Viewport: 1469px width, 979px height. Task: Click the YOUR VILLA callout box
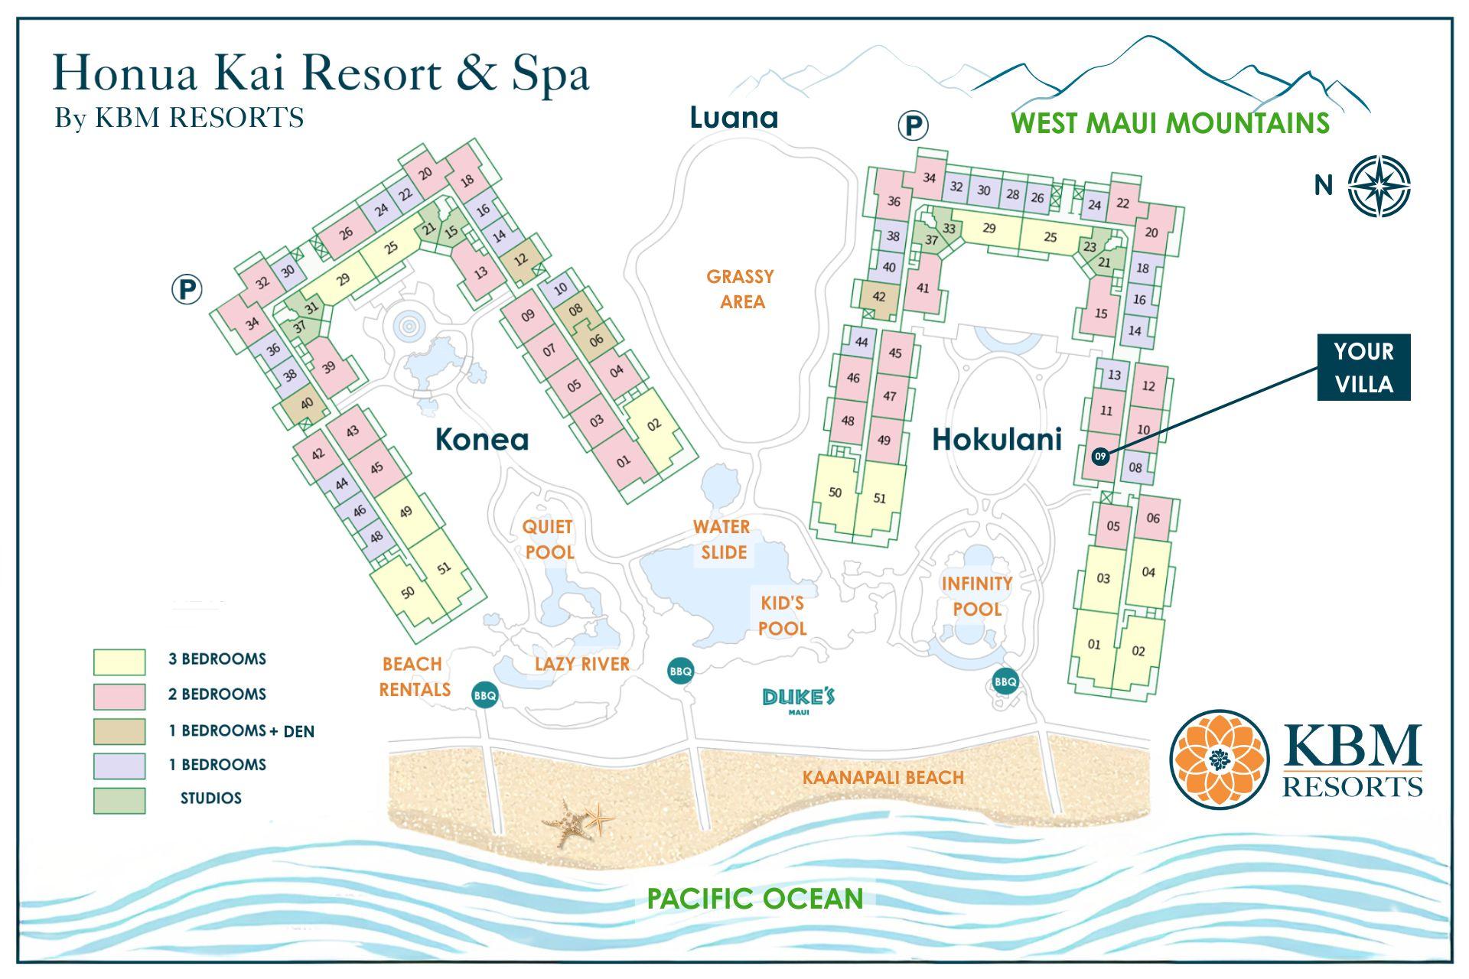(x=1363, y=367)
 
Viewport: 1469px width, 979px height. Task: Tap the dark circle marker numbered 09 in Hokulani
(x=1100, y=457)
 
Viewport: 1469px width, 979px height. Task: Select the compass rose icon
(x=1379, y=186)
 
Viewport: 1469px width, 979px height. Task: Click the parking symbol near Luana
(x=912, y=125)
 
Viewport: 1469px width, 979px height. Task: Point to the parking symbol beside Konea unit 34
(x=187, y=290)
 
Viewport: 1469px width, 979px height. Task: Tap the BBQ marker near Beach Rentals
(x=485, y=695)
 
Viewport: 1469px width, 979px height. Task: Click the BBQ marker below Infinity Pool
(x=1005, y=681)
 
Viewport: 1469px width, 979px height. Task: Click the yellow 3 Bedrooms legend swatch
(x=119, y=662)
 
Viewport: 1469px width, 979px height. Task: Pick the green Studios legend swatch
(x=119, y=800)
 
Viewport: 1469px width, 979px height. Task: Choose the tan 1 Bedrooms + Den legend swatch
(x=119, y=731)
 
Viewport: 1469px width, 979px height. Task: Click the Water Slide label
(x=722, y=539)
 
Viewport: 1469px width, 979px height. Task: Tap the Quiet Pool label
(x=548, y=539)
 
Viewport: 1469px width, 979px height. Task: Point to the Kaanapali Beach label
(x=882, y=778)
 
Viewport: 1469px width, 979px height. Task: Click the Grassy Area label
(x=740, y=288)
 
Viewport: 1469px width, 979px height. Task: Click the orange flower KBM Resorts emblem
(x=1219, y=759)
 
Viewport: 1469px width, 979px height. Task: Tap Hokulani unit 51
(x=880, y=498)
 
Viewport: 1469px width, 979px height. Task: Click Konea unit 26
(x=346, y=233)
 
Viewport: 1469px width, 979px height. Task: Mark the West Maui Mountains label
(x=1170, y=123)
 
